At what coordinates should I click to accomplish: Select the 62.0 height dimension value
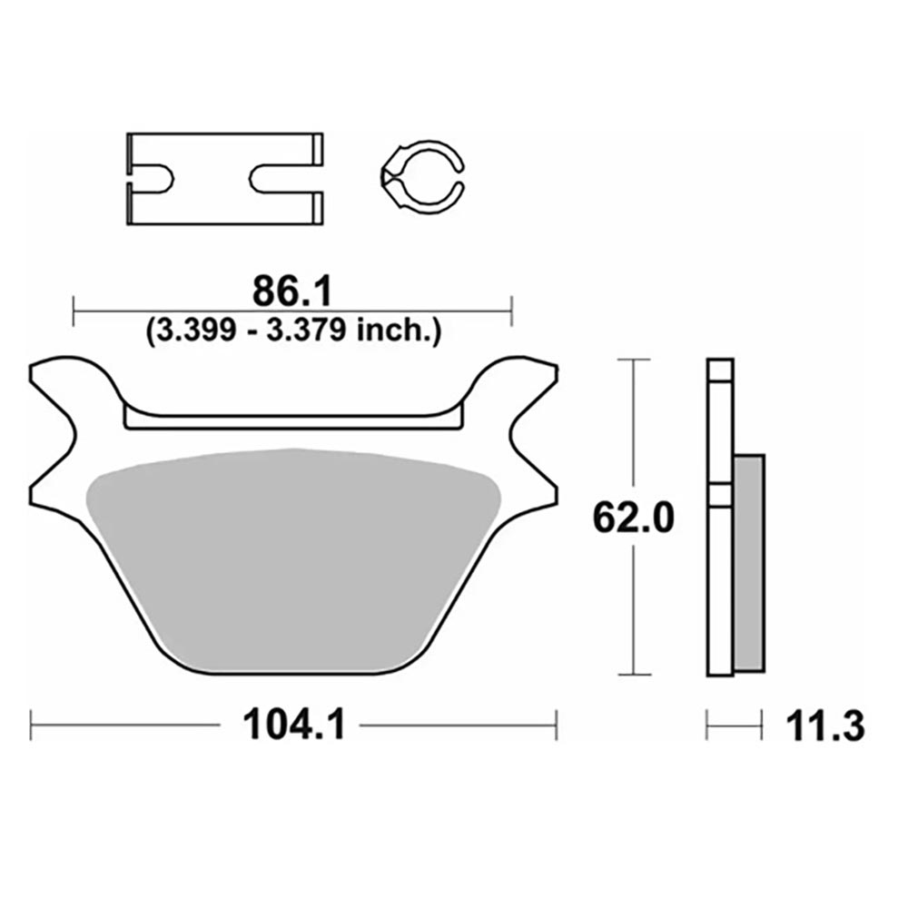click(632, 519)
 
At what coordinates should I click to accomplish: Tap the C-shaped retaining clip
click(420, 177)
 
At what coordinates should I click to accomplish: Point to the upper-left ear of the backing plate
click(64, 377)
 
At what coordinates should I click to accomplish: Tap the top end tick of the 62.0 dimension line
click(633, 360)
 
